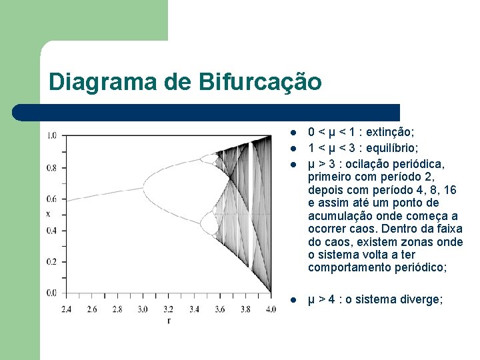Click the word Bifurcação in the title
pos(259,82)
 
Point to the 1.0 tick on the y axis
pos(52,136)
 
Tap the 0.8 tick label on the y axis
pos(52,167)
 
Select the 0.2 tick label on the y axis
pos(52,261)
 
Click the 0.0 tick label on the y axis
pos(52,293)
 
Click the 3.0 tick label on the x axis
pos(144,309)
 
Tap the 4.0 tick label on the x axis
pos(270,309)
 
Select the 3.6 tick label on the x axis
pos(219,309)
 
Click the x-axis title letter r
pos(168,321)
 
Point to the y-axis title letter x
pos(48,214)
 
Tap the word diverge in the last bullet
pos(420,299)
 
